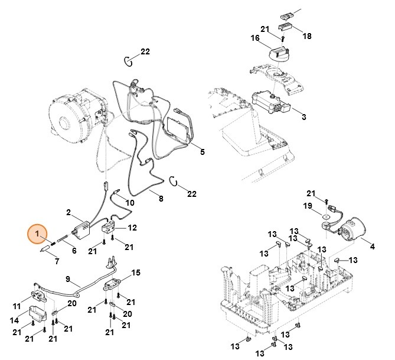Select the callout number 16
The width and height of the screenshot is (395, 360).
(255, 38)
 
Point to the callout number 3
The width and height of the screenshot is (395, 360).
(303, 117)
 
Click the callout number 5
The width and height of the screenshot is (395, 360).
(201, 152)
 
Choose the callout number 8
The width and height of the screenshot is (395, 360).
(160, 200)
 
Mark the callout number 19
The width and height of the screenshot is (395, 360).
(307, 206)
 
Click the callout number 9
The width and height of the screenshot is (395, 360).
(67, 278)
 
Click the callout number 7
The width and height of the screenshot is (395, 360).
(57, 261)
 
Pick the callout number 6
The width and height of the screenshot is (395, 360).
(74, 250)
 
